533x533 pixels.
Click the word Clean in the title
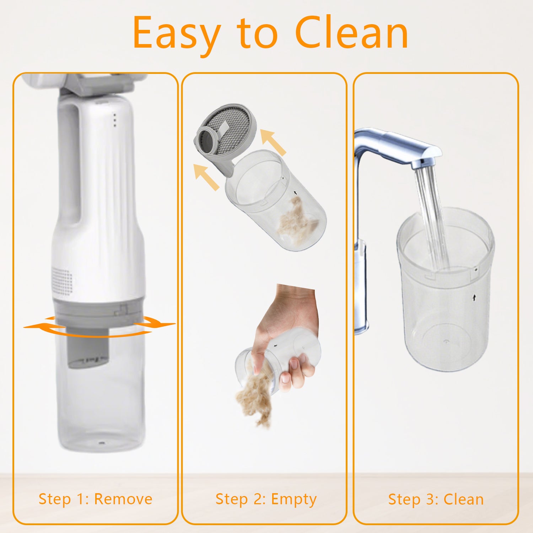351,32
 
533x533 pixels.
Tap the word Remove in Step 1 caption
123,499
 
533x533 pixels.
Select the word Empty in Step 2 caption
294,500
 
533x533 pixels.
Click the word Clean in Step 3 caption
464,499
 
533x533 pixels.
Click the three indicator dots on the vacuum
114,120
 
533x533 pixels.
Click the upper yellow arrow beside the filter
273,142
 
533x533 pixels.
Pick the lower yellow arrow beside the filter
206,177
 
